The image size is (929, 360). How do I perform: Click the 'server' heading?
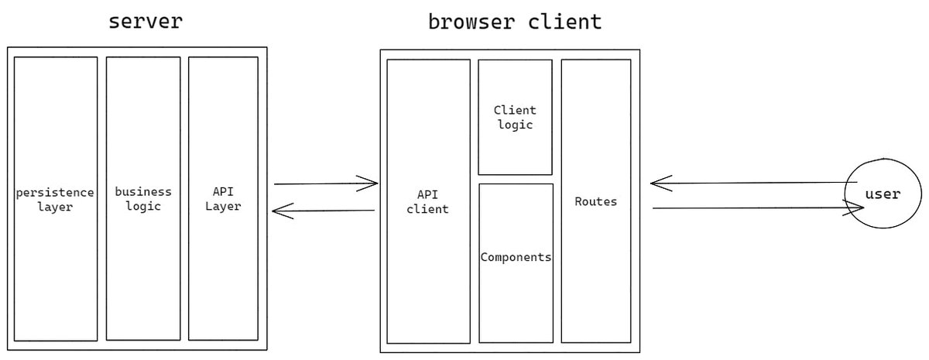146,21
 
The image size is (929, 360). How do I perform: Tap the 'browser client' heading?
515,22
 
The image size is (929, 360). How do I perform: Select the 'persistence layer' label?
55,199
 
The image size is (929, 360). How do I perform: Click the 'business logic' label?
143,199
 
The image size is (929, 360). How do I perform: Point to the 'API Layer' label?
223,199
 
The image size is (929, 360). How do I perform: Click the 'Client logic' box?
515,117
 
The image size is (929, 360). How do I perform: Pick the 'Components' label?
516,257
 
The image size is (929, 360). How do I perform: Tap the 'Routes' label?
596,201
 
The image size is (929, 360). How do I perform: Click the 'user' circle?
883,194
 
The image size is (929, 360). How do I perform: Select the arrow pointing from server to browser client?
325,184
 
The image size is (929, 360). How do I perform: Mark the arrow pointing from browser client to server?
325,211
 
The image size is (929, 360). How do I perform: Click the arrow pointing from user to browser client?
751,183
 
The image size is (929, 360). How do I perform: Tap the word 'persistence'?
55,192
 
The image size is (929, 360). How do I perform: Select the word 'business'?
143,192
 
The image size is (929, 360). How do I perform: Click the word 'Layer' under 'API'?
223,207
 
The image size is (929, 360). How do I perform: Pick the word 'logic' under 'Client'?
515,125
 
